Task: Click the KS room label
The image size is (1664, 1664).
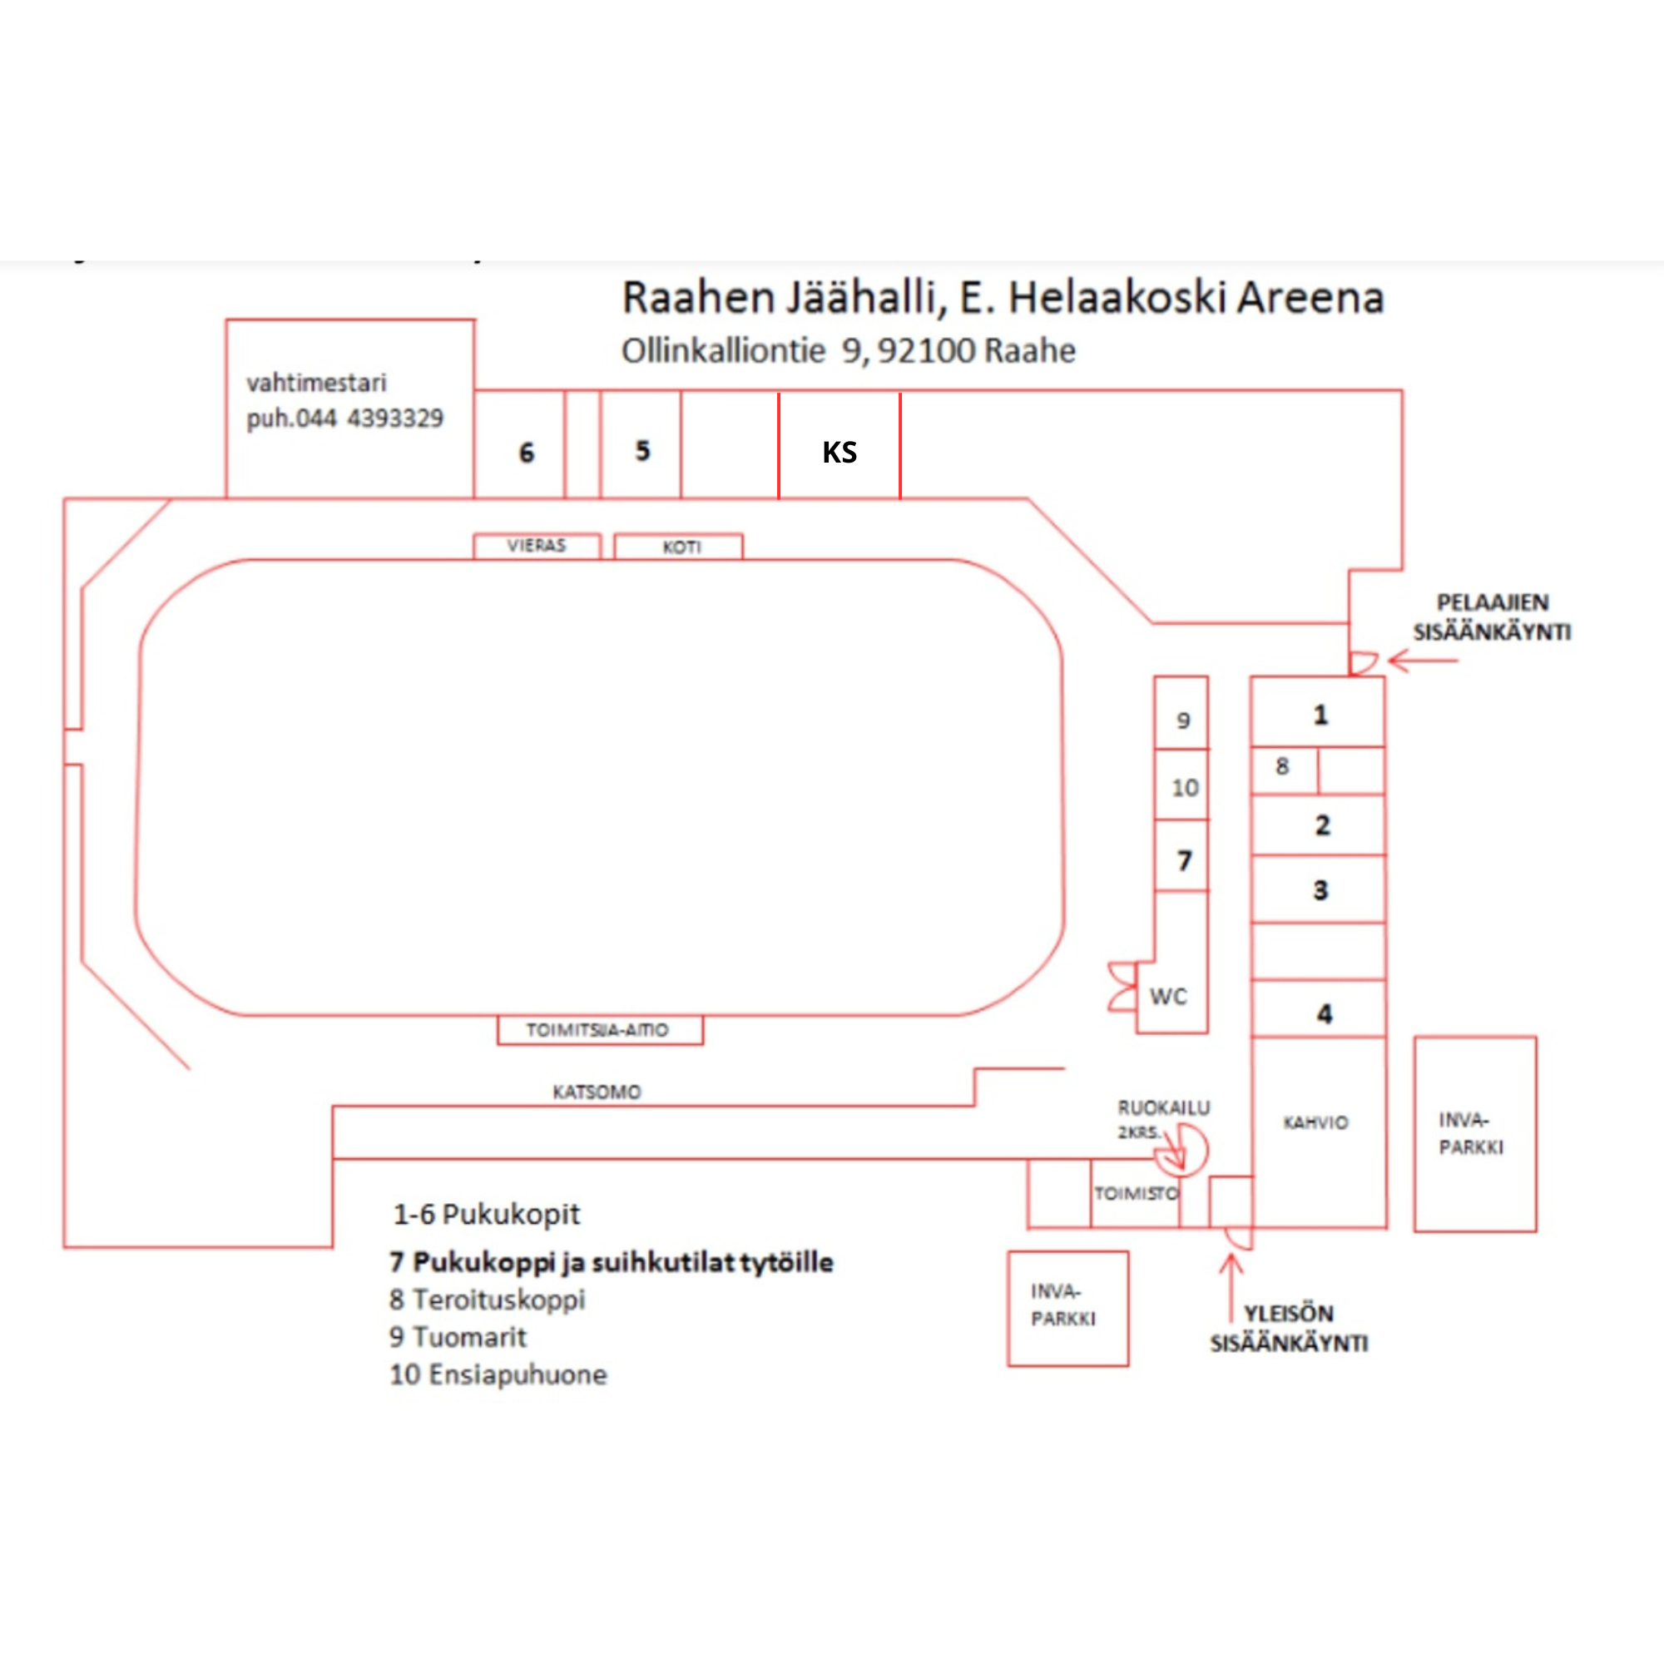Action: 839,452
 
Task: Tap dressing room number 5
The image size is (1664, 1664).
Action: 642,450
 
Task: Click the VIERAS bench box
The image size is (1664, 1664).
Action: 537,546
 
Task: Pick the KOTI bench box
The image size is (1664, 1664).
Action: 681,547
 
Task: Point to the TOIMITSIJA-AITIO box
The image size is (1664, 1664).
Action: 599,1030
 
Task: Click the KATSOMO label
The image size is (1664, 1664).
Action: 596,1092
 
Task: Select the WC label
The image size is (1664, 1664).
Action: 1168,997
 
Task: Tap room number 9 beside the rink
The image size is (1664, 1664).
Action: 1183,720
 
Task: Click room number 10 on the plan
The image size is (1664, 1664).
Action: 1184,787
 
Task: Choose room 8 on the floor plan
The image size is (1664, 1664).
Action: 1281,765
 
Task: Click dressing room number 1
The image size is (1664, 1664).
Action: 1320,714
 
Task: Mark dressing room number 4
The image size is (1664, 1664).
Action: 1324,1013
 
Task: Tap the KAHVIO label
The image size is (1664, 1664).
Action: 1315,1123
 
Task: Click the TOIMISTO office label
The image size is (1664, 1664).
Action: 1136,1194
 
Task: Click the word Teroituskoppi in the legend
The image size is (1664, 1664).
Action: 498,1299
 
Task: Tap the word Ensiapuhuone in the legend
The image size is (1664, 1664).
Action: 518,1374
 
